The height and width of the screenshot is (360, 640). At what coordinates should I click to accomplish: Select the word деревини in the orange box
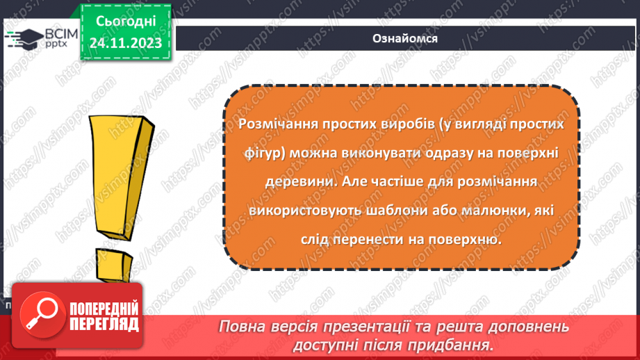pyautogui.click(x=293, y=181)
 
